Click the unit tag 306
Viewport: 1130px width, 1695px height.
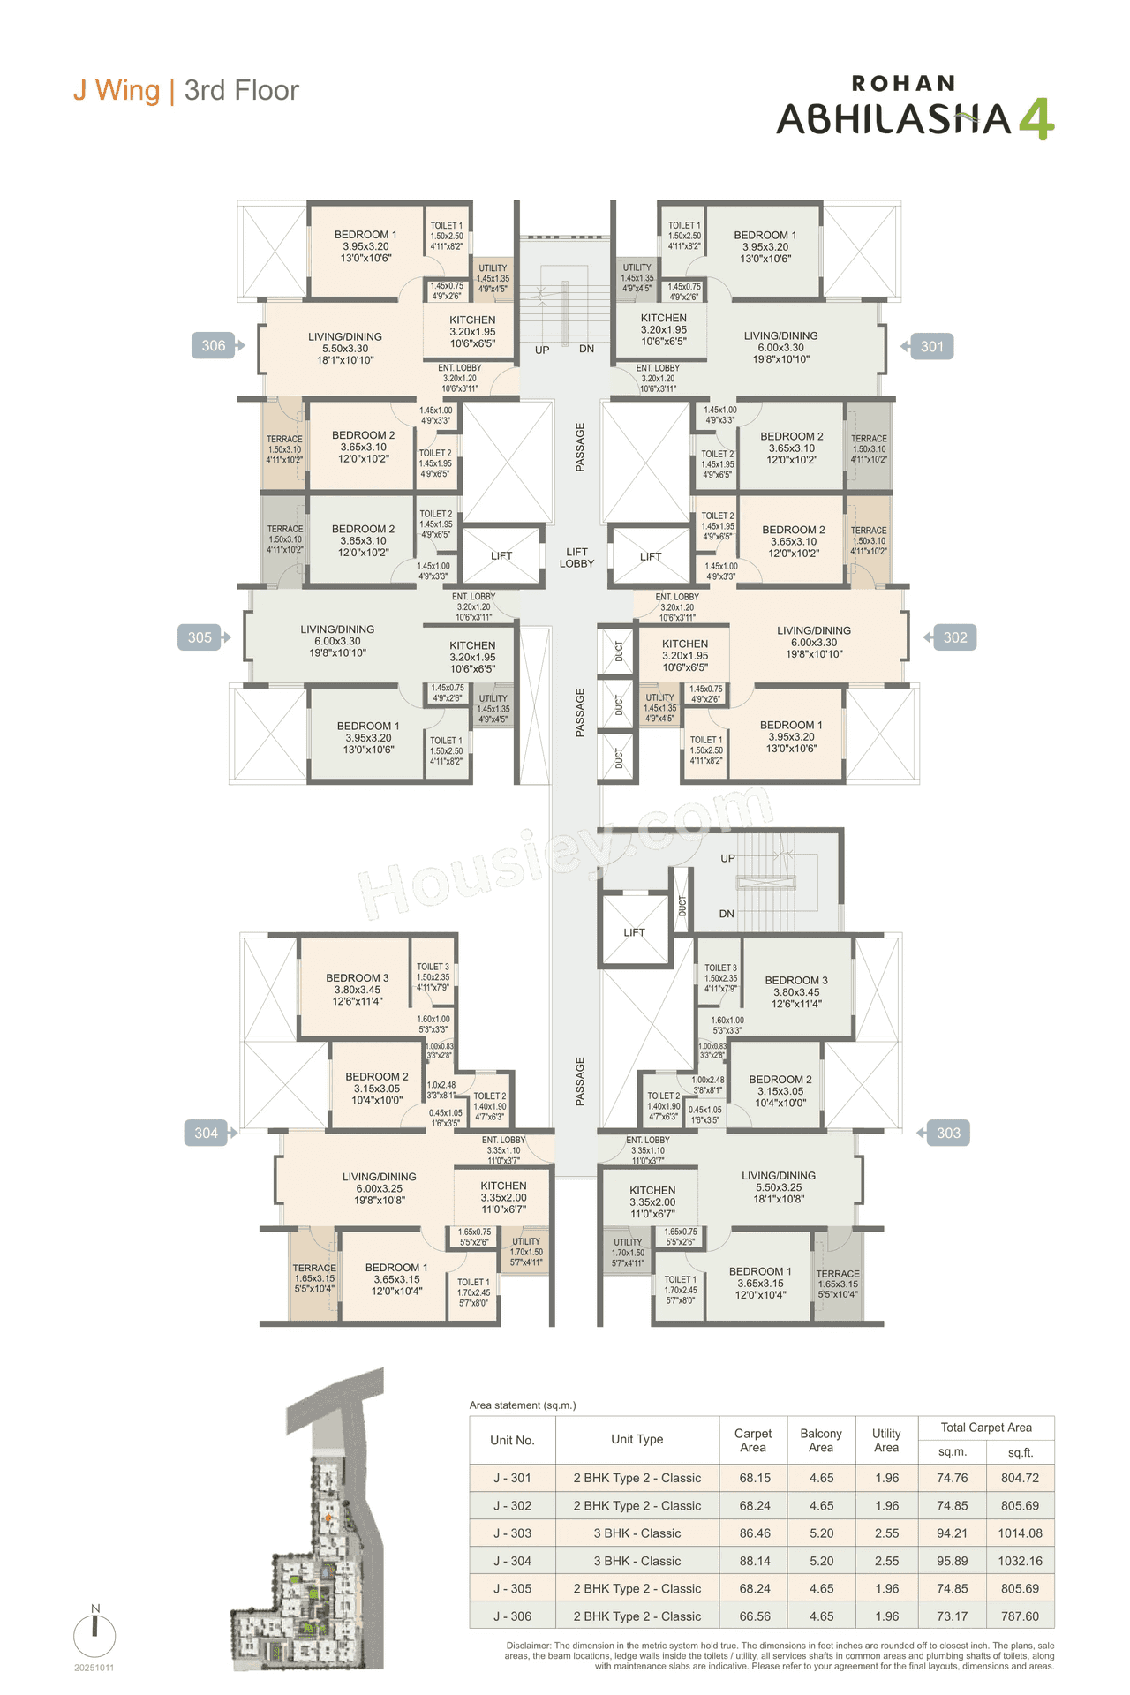pos(214,346)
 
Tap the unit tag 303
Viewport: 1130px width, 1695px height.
pos(948,1133)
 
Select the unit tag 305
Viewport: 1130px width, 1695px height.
pos(200,637)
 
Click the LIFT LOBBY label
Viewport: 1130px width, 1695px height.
pos(576,557)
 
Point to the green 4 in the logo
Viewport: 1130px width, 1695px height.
pos(1036,119)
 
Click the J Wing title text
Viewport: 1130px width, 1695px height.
pos(117,90)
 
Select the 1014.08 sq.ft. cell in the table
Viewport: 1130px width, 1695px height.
pos(1020,1533)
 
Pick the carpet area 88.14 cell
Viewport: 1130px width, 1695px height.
pos(755,1561)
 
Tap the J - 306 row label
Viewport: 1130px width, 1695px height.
pos(512,1616)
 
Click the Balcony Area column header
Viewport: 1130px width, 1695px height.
pos(821,1440)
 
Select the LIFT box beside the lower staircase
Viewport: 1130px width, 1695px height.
pos(634,932)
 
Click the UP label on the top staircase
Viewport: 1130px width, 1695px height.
pos(542,350)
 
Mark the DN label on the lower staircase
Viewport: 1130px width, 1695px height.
pos(727,914)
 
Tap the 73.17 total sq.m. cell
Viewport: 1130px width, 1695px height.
pos(953,1616)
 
